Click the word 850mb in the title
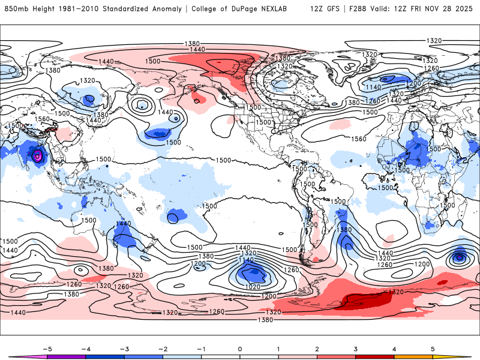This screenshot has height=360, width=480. point(16,9)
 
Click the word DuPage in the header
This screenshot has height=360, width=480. point(253,9)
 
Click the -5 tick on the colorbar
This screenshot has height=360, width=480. point(46,348)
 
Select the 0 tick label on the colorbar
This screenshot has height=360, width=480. point(240,348)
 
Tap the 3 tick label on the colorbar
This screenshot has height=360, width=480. point(356,348)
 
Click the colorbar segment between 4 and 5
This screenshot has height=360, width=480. point(414,356)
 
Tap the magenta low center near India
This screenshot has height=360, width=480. point(38,156)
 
